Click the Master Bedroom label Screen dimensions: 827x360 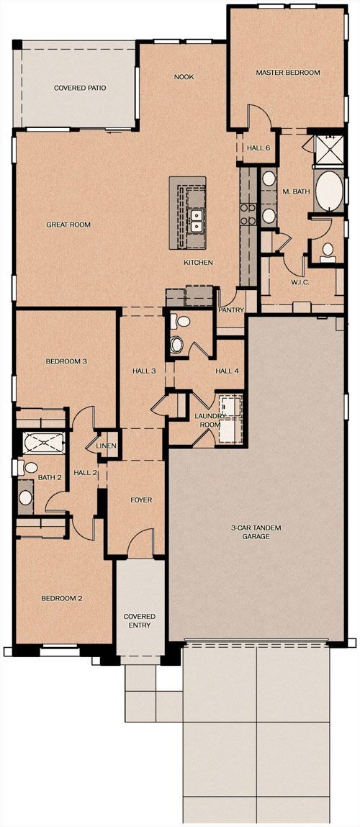[x=287, y=73]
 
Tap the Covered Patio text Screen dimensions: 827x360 [x=80, y=88]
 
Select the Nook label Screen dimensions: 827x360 [x=184, y=76]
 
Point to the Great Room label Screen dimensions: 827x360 [x=68, y=225]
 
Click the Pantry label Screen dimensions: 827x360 [x=232, y=311]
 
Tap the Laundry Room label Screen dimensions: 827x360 [x=211, y=420]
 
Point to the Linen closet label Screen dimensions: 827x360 [x=106, y=446]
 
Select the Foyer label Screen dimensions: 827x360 [x=141, y=500]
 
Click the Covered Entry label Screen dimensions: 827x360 [x=140, y=621]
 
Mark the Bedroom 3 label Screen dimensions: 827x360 [x=66, y=361]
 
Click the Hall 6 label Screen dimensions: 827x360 [x=258, y=148]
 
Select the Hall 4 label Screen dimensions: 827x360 [x=226, y=371]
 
